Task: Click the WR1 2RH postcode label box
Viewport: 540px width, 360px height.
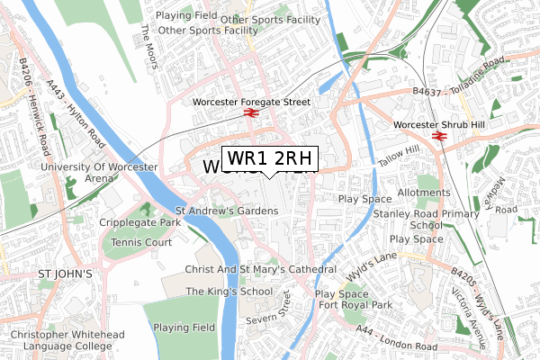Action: [270, 159]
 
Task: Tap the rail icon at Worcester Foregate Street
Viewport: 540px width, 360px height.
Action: [251, 114]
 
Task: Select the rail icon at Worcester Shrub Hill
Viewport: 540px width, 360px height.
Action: [440, 136]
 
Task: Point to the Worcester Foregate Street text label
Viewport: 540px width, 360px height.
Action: [251, 103]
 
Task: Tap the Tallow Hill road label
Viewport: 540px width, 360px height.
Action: [400, 153]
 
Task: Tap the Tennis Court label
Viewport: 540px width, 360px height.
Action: [141, 243]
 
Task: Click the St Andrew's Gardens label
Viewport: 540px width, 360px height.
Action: [227, 211]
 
